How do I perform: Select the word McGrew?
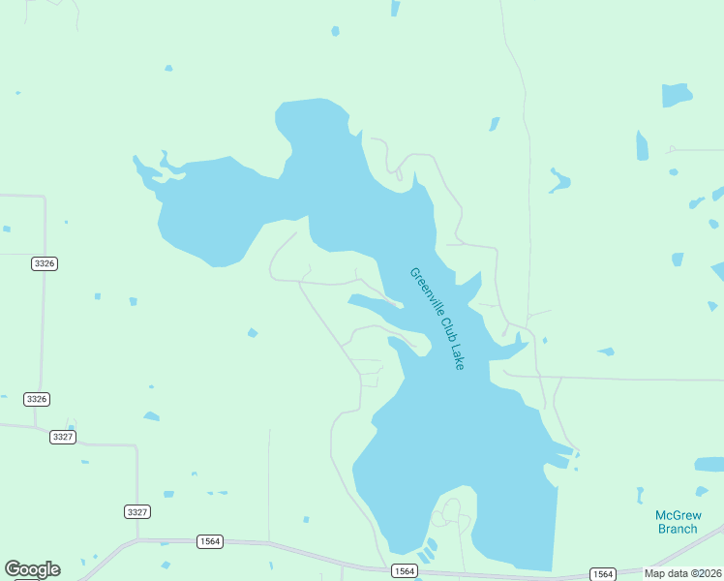point(678,515)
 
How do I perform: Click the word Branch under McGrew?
point(678,529)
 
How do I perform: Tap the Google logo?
point(32,569)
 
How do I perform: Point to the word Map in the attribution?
point(654,573)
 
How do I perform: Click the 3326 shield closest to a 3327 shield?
point(37,399)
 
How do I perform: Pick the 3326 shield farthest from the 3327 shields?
point(44,263)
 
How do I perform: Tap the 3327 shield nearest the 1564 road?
point(137,511)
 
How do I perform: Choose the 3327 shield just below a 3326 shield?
point(63,437)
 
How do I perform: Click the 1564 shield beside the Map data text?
point(602,574)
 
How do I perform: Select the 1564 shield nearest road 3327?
point(209,541)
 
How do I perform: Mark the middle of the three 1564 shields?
point(405,572)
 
